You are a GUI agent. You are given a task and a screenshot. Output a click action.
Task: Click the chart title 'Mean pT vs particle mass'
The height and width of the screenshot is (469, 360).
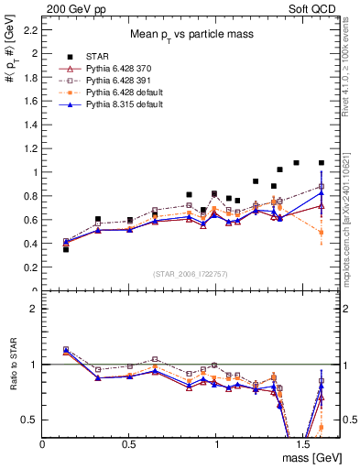[x=190, y=34]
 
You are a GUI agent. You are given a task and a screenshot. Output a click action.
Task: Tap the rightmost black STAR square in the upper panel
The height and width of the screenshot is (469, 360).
[x=321, y=163]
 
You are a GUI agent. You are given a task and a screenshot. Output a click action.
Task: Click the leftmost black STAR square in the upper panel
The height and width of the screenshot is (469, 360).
[x=66, y=249]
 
